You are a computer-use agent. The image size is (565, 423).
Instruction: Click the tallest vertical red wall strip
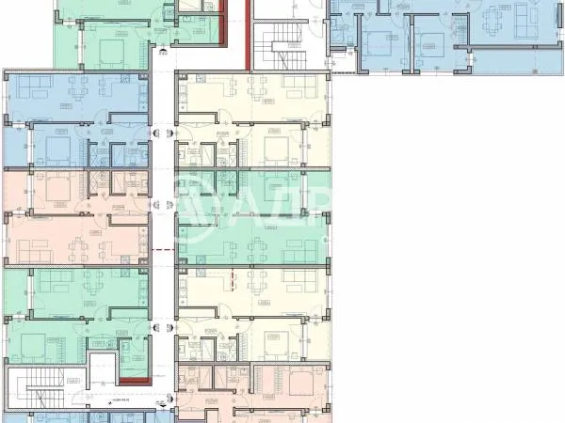pyautogui.click(x=248, y=34)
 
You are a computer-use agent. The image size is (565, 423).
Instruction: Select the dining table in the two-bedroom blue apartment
pyautogui.click(x=495, y=21)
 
